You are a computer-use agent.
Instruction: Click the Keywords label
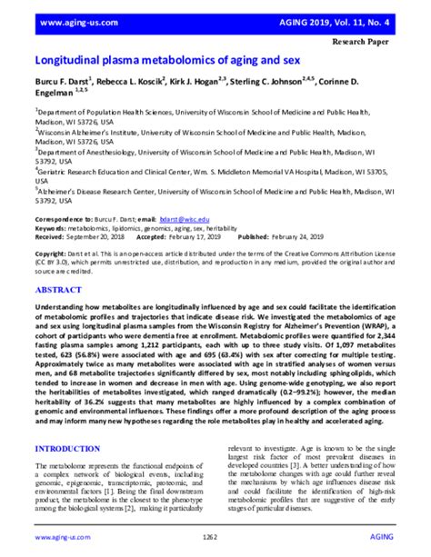tap(54, 227)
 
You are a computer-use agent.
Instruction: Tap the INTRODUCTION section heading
tap(78, 449)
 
